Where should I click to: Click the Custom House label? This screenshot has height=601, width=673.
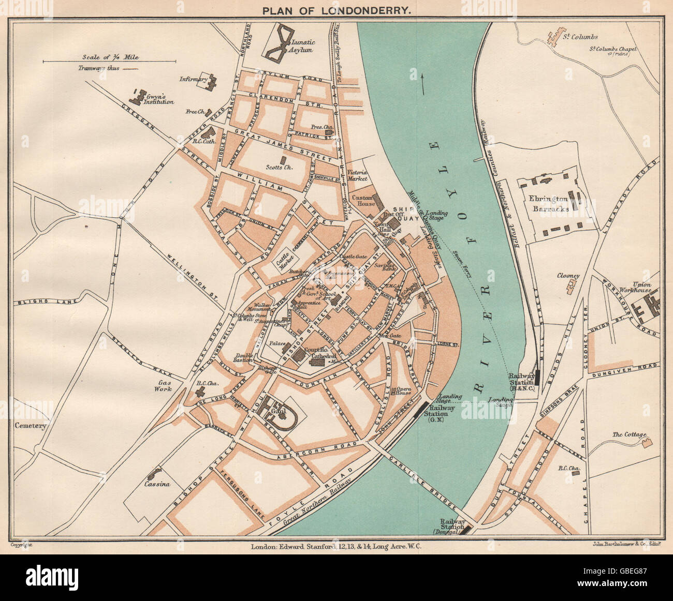pos(363,201)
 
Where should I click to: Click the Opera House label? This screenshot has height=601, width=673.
pos(404,390)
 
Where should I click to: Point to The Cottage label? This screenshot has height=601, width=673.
pos(629,434)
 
